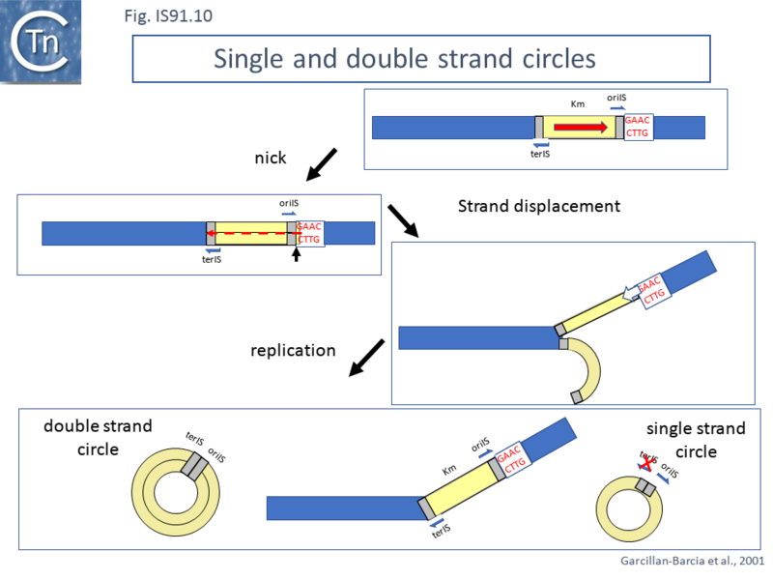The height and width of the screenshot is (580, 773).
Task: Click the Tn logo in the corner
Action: tap(41, 40)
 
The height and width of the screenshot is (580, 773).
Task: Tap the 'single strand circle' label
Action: tap(696, 439)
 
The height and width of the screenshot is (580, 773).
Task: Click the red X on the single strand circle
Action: tap(643, 464)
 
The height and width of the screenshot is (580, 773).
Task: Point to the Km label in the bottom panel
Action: tap(449, 470)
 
